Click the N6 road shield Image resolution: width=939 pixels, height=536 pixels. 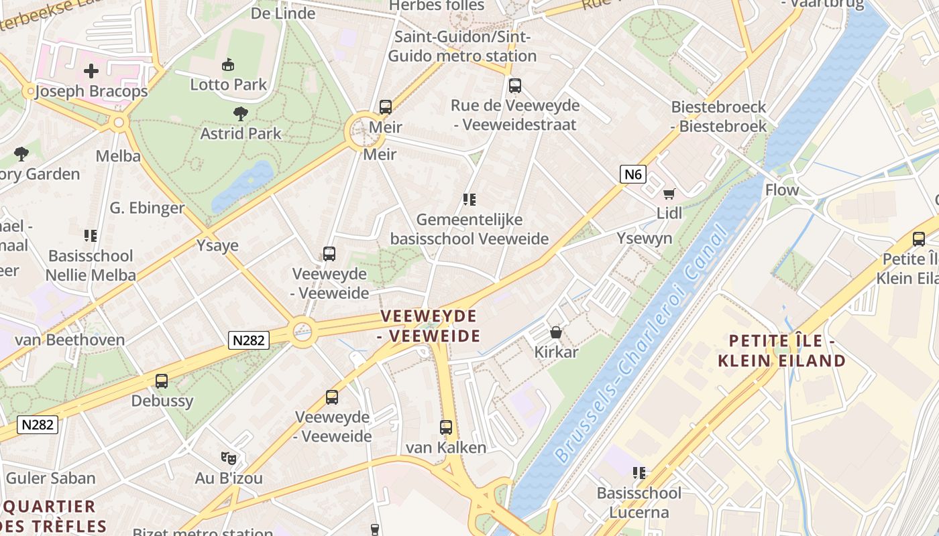[632, 175]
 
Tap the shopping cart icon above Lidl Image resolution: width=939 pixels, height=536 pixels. [669, 194]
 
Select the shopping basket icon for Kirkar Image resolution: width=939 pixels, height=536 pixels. [555, 332]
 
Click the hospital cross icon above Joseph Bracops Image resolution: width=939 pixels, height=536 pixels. [91, 71]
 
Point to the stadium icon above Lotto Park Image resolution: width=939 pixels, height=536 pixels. [228, 65]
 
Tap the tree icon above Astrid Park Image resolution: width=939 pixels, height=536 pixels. [241, 114]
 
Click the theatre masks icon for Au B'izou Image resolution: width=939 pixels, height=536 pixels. [229, 458]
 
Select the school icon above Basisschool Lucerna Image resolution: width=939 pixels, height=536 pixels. [639, 473]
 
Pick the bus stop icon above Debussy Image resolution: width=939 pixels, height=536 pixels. [162, 381]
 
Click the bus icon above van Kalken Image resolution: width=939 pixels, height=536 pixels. [446, 427]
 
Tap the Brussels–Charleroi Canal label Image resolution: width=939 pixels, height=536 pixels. [641, 345]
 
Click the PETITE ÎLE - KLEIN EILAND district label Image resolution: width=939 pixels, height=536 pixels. [781, 351]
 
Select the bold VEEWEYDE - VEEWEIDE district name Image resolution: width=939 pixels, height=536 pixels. [429, 326]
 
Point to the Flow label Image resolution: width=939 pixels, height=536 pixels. [782, 190]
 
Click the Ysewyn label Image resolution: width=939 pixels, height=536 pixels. [644, 239]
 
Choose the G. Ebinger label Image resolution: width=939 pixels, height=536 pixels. [147, 208]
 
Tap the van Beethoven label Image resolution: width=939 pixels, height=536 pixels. [70, 340]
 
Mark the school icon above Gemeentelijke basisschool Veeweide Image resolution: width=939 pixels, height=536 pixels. [469, 200]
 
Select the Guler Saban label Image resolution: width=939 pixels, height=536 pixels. [51, 478]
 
